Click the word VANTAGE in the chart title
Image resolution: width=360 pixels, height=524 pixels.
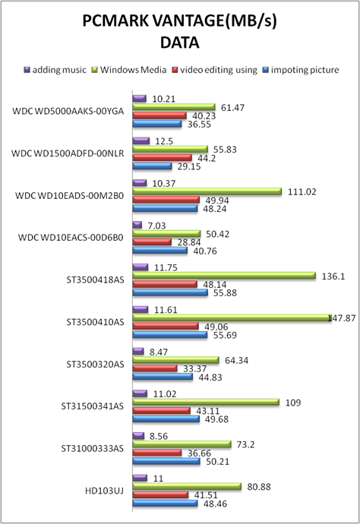[188, 21]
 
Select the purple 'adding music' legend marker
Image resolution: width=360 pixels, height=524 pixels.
[27, 70]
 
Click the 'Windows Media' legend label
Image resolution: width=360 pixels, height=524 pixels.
[133, 70]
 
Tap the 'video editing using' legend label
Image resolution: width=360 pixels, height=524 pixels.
[219, 70]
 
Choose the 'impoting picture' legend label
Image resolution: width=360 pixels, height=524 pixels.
[305, 70]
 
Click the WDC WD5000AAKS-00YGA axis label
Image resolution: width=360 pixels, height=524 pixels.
[68, 111]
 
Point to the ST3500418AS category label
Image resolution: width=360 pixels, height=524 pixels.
[95, 279]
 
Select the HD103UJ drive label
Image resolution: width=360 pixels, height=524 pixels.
[104, 491]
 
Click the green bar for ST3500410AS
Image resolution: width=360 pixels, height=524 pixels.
[232, 317]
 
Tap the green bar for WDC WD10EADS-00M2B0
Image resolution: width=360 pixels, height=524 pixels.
[207, 191]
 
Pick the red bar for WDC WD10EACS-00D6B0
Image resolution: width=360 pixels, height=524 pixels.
[152, 241]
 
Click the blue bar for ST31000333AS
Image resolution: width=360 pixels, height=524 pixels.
[166, 461]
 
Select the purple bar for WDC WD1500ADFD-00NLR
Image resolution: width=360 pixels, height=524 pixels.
[141, 140]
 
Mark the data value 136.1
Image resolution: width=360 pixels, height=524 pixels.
[333, 276]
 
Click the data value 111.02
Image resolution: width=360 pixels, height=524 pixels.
[302, 192]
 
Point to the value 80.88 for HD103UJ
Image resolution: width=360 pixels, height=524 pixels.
[259, 487]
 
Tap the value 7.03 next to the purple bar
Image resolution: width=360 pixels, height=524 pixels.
[156, 226]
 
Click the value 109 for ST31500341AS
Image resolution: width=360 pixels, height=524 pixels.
[293, 402]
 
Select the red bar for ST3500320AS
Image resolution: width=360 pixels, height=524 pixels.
[155, 368]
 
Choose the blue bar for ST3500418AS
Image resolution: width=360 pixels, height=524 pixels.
[170, 292]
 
